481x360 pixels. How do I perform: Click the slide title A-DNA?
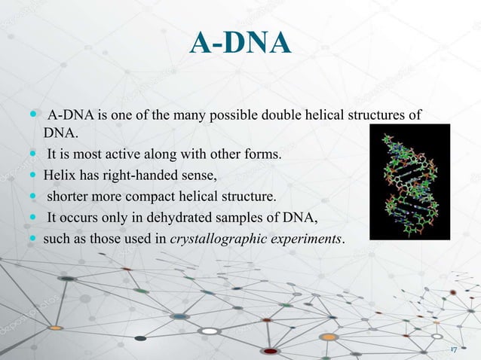coord(240,43)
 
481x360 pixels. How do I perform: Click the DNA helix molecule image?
coord(410,182)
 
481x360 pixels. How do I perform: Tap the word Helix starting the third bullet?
coord(58,177)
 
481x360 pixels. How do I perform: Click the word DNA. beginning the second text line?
coord(60,133)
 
